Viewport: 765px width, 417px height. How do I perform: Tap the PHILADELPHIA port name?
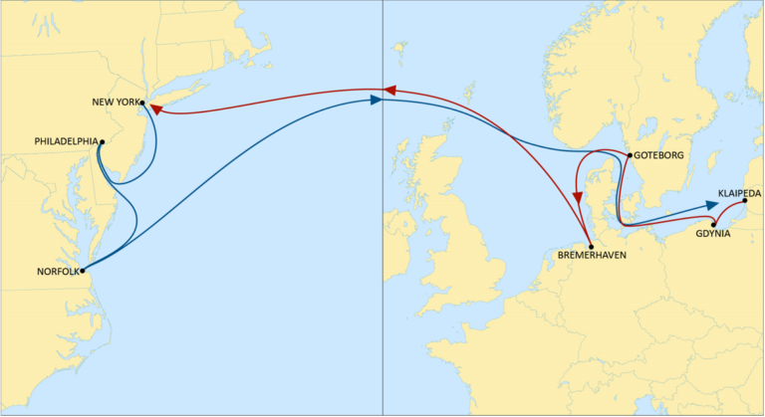click(65, 141)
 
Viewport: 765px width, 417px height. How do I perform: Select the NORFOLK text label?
click(56, 271)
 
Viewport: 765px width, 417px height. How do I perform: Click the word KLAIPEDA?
click(739, 192)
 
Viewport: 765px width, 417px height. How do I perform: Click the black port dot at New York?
click(142, 103)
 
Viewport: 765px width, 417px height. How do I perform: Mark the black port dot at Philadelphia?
click(101, 142)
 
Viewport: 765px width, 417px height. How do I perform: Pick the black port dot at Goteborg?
click(629, 155)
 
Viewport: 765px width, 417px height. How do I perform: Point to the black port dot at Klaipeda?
click(745, 201)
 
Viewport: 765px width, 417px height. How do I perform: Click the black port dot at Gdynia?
click(712, 223)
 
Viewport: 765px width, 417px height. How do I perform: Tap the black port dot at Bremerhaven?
click(592, 247)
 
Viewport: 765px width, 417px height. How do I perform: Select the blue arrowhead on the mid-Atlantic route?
click(376, 100)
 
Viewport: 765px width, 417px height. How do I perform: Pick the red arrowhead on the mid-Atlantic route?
click(389, 90)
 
